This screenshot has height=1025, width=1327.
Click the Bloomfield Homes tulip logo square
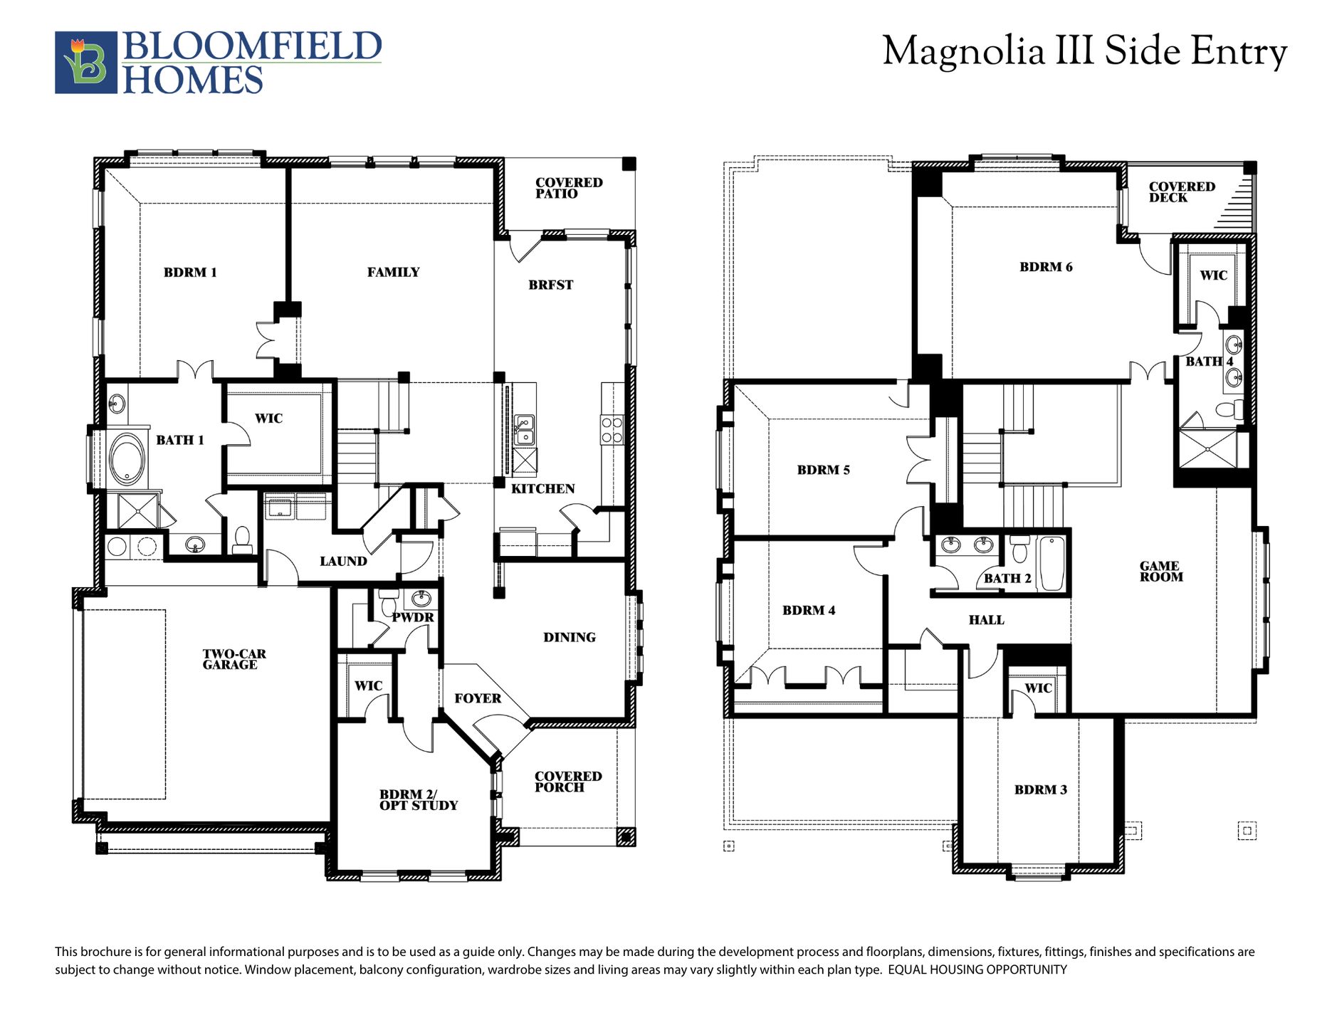tap(86, 63)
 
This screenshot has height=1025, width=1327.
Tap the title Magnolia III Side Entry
tap(1085, 52)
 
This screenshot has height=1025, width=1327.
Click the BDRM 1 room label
tap(190, 272)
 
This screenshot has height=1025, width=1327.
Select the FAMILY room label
tap(393, 272)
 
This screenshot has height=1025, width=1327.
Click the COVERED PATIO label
tap(569, 188)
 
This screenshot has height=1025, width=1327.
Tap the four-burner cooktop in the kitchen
tap(612, 430)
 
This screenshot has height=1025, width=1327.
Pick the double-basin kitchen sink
tap(525, 430)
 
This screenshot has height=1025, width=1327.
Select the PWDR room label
tap(413, 617)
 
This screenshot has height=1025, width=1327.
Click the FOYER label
tap(478, 698)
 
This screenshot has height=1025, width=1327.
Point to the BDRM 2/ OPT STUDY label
tap(419, 800)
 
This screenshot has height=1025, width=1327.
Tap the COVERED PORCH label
tap(568, 782)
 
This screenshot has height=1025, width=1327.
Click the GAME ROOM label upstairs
tap(1160, 572)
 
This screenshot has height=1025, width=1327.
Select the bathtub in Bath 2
tap(1052, 564)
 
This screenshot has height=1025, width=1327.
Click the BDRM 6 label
tap(1046, 267)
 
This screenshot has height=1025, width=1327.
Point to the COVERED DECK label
tap(1182, 192)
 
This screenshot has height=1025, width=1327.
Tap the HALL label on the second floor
tap(987, 620)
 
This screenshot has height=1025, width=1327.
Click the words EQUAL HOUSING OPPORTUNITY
tap(977, 969)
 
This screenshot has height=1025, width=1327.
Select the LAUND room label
tap(343, 562)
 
